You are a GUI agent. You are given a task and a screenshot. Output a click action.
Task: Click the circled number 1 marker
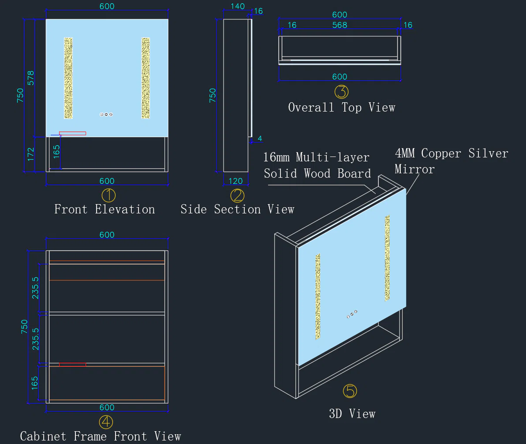(x=108, y=195)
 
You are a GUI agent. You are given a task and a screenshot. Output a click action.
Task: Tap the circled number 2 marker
(x=237, y=195)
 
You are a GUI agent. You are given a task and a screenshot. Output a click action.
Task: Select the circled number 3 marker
(x=341, y=92)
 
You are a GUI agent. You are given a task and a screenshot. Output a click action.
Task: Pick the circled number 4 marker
(x=106, y=422)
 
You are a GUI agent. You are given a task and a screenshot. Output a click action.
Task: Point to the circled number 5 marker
(x=350, y=391)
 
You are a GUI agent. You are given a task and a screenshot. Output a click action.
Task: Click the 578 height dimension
(x=31, y=78)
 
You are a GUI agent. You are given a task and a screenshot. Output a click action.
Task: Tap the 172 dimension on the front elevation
(x=31, y=154)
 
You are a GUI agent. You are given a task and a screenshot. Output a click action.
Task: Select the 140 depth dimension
(x=238, y=6)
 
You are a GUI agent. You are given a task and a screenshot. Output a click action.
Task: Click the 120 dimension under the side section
(x=235, y=181)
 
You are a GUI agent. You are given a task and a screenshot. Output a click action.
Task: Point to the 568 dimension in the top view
(x=339, y=25)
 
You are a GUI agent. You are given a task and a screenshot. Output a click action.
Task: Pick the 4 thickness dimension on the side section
(x=260, y=138)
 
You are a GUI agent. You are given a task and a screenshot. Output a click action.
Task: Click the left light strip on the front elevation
(x=68, y=78)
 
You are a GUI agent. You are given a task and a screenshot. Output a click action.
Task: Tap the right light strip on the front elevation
(x=145, y=78)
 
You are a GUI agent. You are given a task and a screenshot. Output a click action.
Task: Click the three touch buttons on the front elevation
(x=106, y=114)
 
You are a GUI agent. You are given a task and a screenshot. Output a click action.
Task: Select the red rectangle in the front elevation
(x=72, y=134)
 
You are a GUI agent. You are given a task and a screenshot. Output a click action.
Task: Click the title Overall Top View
(x=342, y=107)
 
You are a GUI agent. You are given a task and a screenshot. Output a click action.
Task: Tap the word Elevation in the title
(x=125, y=209)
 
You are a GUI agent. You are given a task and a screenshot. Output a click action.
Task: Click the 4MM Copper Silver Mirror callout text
(x=451, y=161)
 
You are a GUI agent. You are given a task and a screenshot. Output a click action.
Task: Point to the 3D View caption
(x=352, y=414)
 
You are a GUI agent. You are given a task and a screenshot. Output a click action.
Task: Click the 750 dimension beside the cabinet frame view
(x=25, y=327)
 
